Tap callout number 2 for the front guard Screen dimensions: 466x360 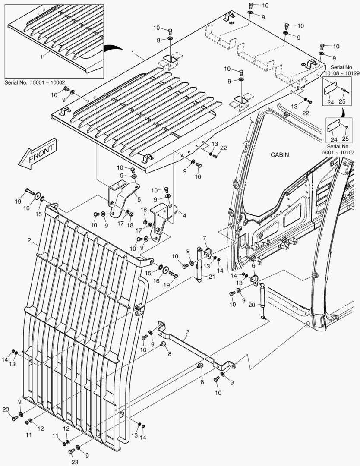click(28, 239)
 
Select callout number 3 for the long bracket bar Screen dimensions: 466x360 click(188, 332)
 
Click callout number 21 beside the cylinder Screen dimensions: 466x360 click(211, 277)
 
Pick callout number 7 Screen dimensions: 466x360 click(204, 239)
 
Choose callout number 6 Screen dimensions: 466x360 click(253, 266)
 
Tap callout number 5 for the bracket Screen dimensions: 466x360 click(138, 199)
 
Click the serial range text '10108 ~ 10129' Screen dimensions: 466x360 click(343, 73)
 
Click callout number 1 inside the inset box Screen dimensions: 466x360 click(41, 56)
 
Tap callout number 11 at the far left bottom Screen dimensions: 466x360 click(28, 435)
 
